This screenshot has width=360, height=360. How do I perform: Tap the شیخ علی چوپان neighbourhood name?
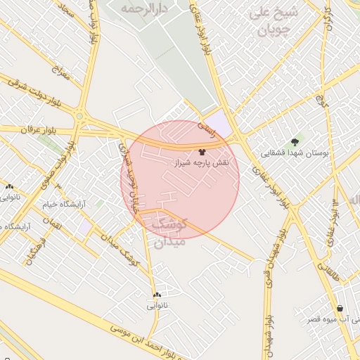(274, 21)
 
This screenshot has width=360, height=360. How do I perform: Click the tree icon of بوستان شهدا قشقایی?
(295, 142)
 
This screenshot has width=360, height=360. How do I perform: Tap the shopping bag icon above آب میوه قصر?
(341, 308)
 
